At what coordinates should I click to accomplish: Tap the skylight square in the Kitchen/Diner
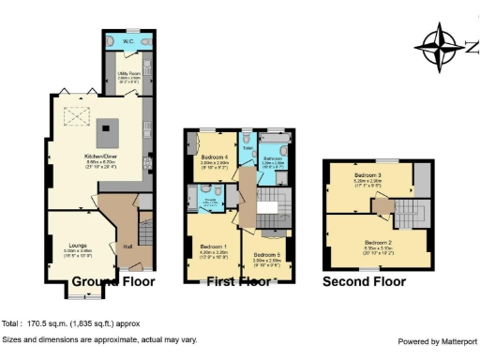click(x=72, y=116)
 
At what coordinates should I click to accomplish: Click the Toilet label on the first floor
click(x=247, y=148)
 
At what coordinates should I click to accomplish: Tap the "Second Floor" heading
click(x=364, y=281)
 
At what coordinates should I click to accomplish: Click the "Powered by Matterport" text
click(x=438, y=341)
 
